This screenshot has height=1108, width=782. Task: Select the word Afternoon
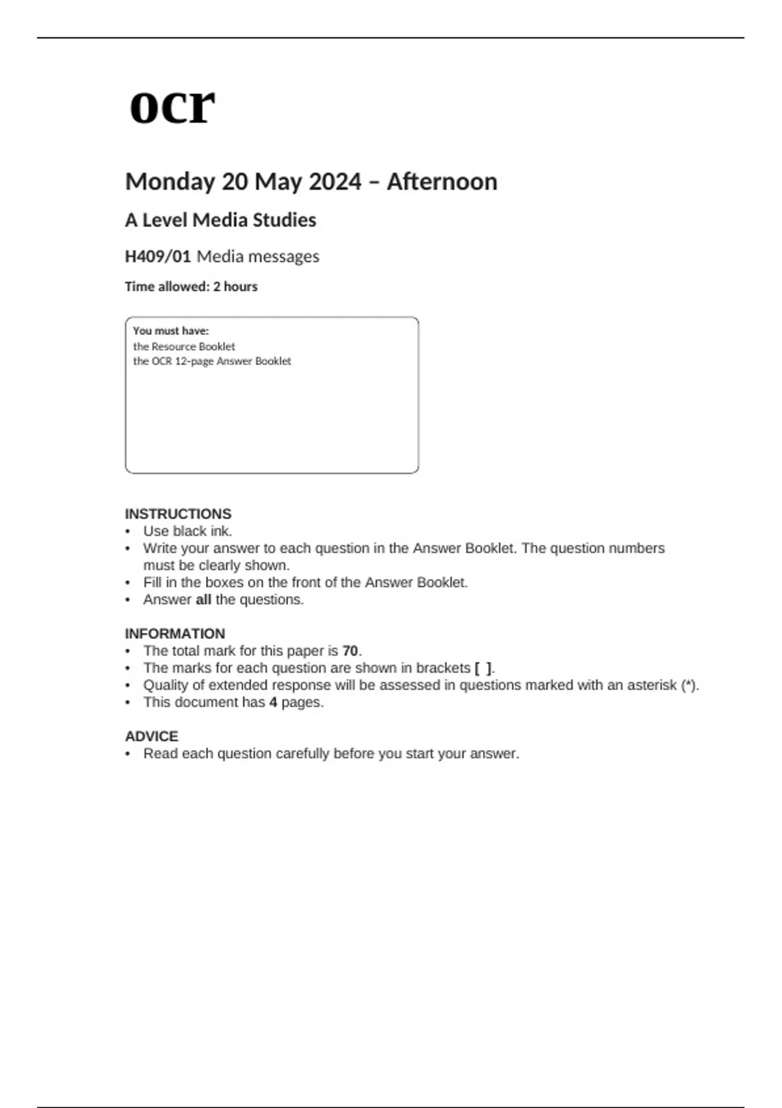442,181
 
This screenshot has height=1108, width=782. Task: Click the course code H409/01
158,256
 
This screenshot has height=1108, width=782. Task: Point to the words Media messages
258,256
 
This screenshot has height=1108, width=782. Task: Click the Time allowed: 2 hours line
191,287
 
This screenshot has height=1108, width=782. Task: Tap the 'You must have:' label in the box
171,331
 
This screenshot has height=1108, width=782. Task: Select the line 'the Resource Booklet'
184,347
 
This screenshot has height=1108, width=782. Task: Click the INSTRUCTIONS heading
178,514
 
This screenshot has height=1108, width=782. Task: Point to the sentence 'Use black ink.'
188,531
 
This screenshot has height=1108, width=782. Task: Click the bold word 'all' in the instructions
203,600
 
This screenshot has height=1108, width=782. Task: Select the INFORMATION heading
175,634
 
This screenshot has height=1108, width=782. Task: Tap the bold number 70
350,651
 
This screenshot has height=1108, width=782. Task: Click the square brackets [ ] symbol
484,668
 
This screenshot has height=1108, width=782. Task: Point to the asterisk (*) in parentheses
689,685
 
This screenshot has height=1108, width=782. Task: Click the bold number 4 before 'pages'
273,703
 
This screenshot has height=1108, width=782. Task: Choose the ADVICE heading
151,736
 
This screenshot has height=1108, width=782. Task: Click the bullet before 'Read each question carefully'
128,754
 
